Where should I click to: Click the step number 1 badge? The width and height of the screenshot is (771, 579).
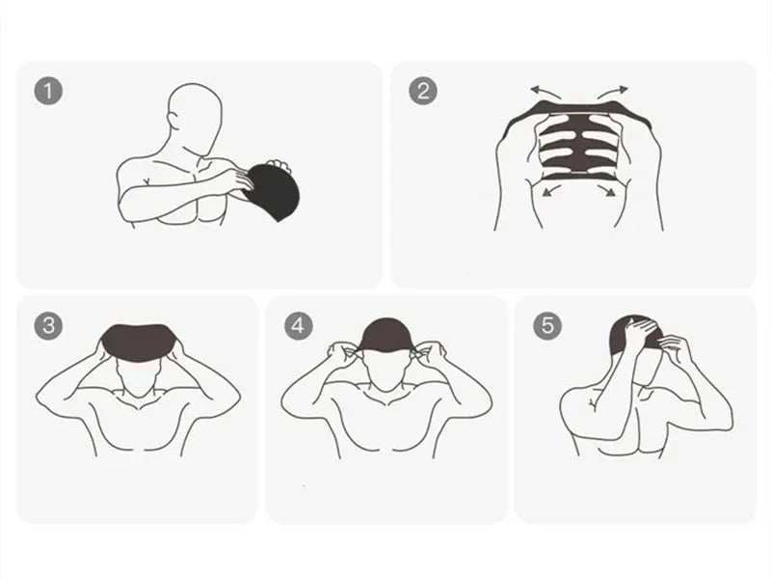click(x=49, y=92)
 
